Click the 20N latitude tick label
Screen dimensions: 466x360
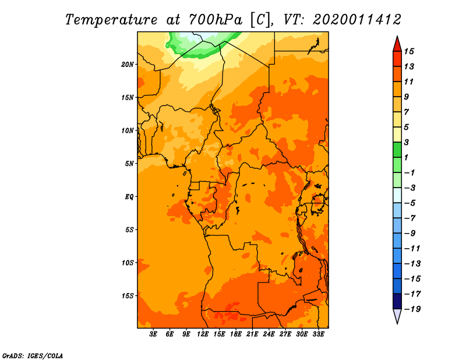pyautogui.click(x=128, y=65)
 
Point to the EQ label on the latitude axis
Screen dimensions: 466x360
pyautogui.click(x=129, y=197)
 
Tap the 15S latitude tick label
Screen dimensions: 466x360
pyautogui.click(x=128, y=296)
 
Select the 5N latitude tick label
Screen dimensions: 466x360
pyautogui.click(x=129, y=164)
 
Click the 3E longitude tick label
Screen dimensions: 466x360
pyautogui.click(x=153, y=334)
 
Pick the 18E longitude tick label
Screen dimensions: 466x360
pyautogui.click(x=236, y=334)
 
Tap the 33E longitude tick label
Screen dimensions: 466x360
pyautogui.click(x=318, y=334)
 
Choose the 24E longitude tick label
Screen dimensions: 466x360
pyautogui.click(x=269, y=334)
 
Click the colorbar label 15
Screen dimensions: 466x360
pyautogui.click(x=409, y=51)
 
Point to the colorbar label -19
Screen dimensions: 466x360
pyautogui.click(x=412, y=309)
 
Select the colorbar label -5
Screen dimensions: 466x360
pyautogui.click(x=410, y=203)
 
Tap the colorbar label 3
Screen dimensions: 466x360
pyautogui.click(x=407, y=142)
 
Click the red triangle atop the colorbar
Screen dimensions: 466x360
pyautogui.click(x=397, y=45)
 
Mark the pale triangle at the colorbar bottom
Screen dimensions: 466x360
pyautogui.click(x=397, y=315)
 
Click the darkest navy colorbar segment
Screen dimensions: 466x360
pyautogui.click(x=397, y=301)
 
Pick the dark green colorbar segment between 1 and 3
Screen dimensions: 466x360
pyautogui.click(x=397, y=150)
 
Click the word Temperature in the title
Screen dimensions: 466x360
pyautogui.click(x=111, y=20)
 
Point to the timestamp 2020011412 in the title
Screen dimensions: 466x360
pyautogui.click(x=357, y=20)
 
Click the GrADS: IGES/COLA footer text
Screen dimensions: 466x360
pyautogui.click(x=33, y=356)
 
